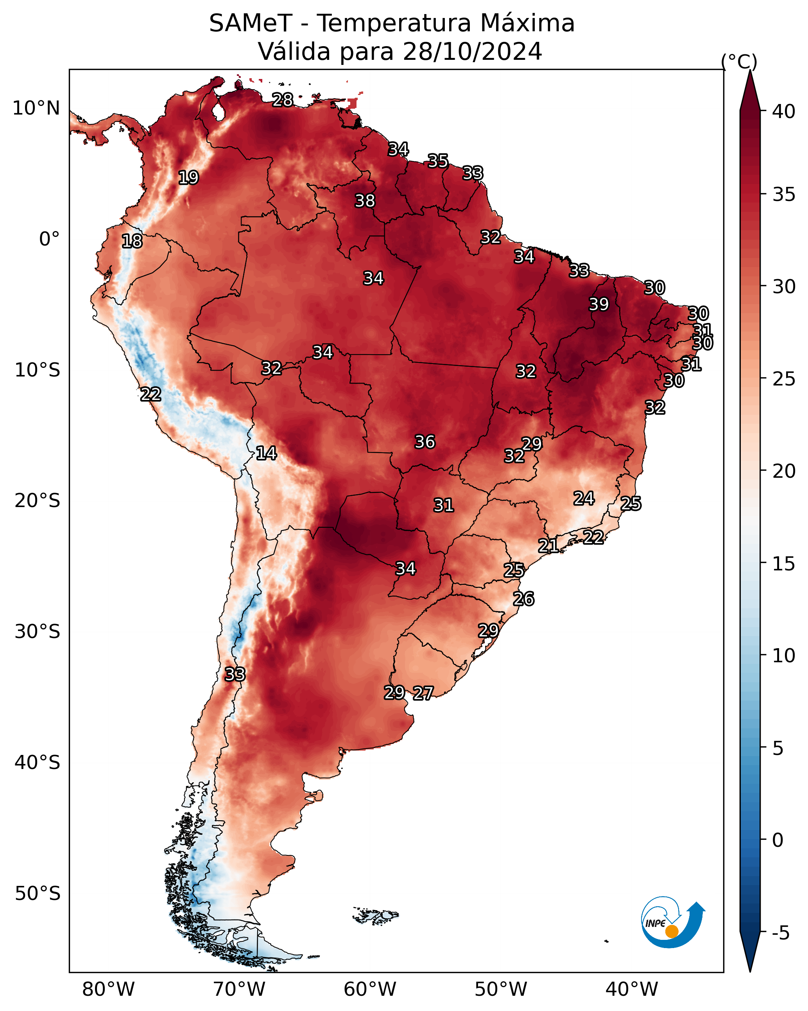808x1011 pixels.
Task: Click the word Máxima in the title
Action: [x=525, y=23]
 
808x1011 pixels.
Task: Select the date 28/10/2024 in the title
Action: [x=472, y=51]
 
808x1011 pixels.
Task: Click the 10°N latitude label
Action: [x=36, y=108]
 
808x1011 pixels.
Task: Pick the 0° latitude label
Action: [x=50, y=239]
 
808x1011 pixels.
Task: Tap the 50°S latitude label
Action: [x=38, y=893]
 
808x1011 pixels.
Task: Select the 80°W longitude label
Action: [x=108, y=989]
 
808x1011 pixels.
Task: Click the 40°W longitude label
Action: [x=632, y=989]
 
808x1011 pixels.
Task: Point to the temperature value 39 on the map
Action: [x=599, y=304]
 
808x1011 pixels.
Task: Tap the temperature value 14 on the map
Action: [x=266, y=453]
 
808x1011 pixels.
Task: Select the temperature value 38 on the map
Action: [x=365, y=201]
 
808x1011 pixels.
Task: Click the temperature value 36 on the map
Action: [x=425, y=442]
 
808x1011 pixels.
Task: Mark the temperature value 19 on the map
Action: [x=188, y=178]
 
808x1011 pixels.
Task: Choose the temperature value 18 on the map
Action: [x=132, y=241]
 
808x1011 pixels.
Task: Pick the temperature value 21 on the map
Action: [x=548, y=546]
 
